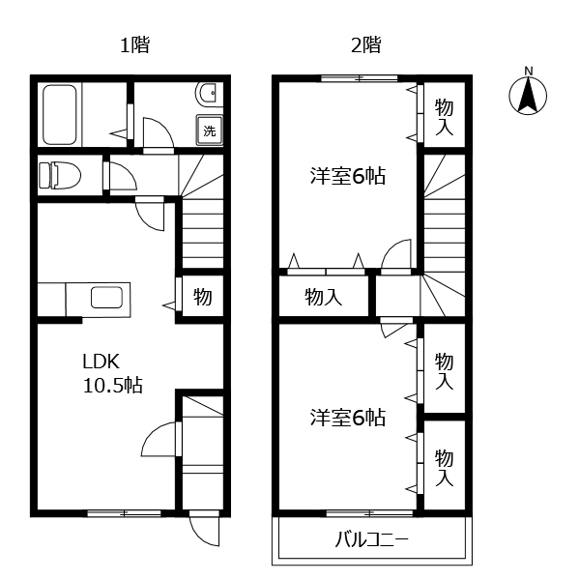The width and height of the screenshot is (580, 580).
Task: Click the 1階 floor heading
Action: (x=135, y=45)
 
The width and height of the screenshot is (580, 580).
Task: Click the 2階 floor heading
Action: (x=366, y=45)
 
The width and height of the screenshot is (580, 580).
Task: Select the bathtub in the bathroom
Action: (x=60, y=115)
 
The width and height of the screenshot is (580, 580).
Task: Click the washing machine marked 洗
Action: (x=210, y=130)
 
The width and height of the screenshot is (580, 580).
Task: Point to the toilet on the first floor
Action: (x=60, y=175)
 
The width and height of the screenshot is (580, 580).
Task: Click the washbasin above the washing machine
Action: (x=207, y=95)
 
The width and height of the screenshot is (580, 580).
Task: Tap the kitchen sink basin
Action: (x=107, y=298)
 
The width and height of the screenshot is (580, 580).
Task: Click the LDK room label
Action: (x=101, y=362)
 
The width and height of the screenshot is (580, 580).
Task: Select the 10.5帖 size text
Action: (x=113, y=385)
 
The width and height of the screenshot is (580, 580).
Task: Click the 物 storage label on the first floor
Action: (x=203, y=297)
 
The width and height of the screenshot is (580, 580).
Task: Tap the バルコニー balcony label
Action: (x=371, y=539)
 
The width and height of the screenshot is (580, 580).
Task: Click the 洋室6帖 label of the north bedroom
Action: (x=348, y=176)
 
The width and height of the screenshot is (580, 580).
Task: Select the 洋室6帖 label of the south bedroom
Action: (x=348, y=418)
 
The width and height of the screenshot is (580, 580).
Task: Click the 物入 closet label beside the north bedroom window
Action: (x=444, y=117)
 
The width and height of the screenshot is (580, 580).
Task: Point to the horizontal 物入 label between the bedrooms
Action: (x=323, y=297)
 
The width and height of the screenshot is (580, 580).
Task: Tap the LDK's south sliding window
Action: (x=124, y=513)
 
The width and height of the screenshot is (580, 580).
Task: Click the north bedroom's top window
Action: (x=360, y=78)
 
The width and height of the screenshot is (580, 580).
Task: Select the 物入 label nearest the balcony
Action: (x=444, y=468)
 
